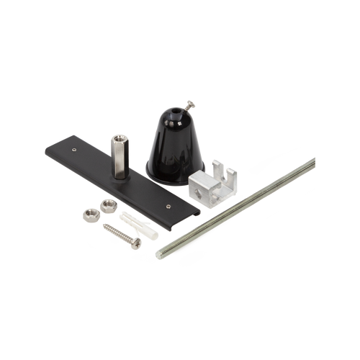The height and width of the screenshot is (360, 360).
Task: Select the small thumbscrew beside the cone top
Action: (188, 105)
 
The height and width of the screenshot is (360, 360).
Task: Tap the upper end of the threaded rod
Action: (315, 156)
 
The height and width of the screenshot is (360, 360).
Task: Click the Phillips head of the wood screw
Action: (135, 242)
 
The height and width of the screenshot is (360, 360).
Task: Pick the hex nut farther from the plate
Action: (90, 213)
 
